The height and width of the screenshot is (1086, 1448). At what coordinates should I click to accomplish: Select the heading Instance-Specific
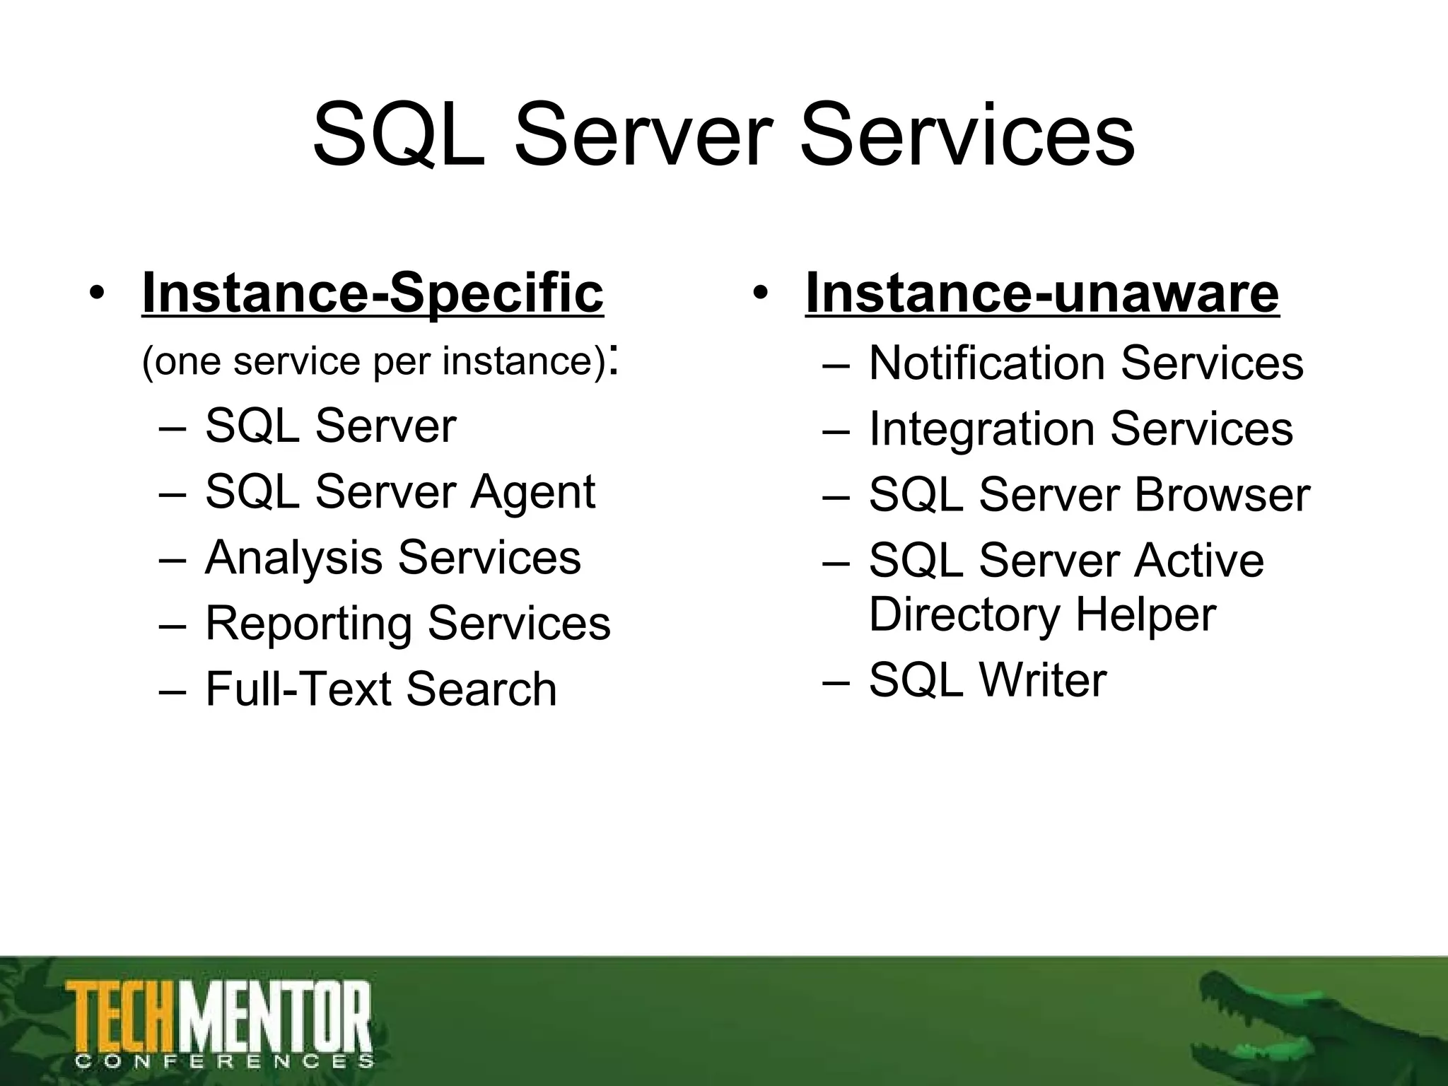(x=373, y=293)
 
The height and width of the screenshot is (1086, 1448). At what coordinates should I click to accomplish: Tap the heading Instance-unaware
(x=1042, y=293)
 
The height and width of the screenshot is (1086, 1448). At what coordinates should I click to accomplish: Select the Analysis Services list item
(x=392, y=557)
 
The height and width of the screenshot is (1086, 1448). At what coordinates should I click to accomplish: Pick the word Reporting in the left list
(x=309, y=624)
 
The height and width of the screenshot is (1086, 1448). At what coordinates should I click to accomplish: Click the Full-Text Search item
(x=381, y=689)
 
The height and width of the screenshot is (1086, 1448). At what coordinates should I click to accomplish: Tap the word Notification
(x=987, y=363)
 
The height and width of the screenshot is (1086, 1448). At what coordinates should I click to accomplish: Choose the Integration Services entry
(x=1080, y=428)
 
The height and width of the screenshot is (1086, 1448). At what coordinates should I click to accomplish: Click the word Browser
(x=1222, y=494)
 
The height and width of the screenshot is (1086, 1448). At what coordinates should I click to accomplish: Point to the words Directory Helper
(x=1041, y=614)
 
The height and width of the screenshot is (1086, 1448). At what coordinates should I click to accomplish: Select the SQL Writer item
(x=987, y=679)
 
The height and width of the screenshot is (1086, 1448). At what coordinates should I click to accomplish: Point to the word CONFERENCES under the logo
(x=223, y=1061)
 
